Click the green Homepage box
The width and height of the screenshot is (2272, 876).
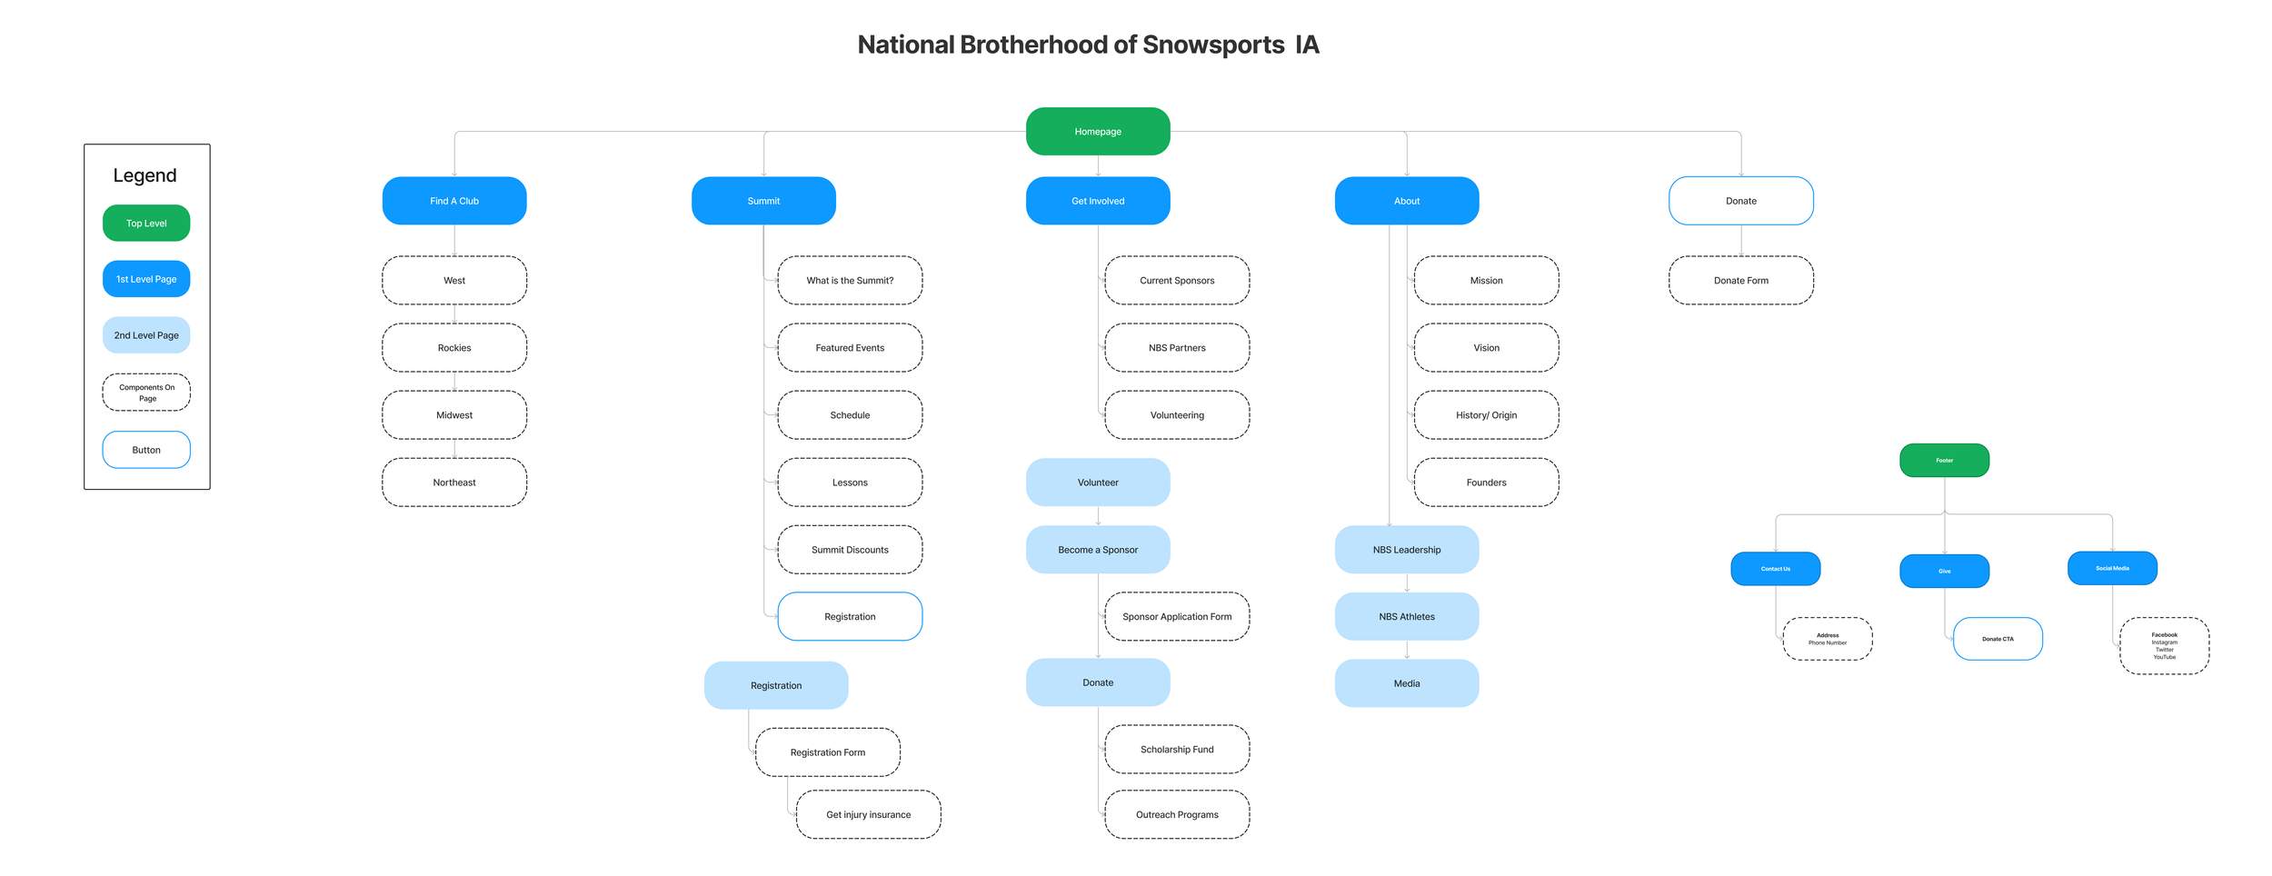click(1098, 132)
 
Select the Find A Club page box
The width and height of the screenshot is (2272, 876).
click(454, 201)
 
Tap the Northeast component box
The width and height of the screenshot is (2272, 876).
click(454, 483)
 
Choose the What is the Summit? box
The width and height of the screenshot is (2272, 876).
click(850, 281)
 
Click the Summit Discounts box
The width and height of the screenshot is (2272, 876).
click(850, 550)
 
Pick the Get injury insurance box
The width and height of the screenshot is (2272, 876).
click(868, 815)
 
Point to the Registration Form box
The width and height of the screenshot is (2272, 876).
click(827, 752)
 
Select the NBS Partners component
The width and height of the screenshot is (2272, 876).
click(1177, 348)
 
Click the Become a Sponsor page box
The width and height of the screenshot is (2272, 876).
click(1098, 550)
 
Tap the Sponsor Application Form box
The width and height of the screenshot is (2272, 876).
click(1177, 617)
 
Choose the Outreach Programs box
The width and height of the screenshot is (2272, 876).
click(1177, 815)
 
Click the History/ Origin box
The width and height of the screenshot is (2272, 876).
click(1486, 415)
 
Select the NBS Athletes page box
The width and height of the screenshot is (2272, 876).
click(1407, 617)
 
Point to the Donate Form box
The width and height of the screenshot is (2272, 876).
click(1741, 281)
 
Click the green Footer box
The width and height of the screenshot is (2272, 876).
click(1944, 461)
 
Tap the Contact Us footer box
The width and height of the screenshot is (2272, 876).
click(1775, 569)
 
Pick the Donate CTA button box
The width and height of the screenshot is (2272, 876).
click(1998, 639)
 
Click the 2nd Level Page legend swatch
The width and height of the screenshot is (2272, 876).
click(146, 335)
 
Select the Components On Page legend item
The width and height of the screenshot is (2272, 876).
click(146, 393)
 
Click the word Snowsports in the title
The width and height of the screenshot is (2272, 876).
click(1213, 45)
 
